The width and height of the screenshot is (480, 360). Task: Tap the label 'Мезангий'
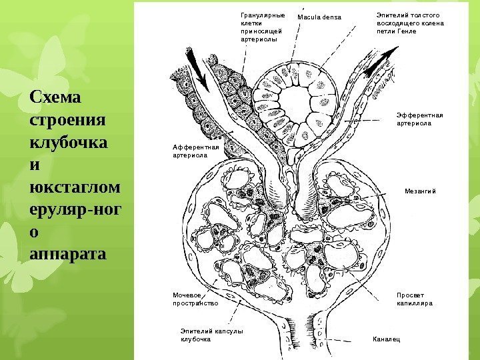(420, 191)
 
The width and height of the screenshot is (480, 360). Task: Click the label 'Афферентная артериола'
(191, 150)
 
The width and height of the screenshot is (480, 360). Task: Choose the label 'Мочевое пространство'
(195, 299)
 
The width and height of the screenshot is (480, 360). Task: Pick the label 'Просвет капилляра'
(415, 299)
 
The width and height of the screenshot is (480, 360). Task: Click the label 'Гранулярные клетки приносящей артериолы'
(261, 27)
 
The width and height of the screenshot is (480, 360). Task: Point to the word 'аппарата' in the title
(67, 254)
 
